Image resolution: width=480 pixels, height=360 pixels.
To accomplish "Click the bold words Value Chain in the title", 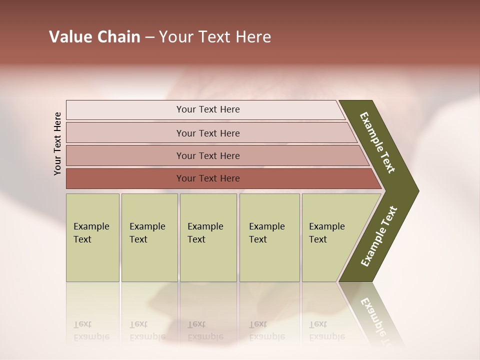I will (x=94, y=37).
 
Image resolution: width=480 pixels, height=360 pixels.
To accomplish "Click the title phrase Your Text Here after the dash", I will (x=215, y=37).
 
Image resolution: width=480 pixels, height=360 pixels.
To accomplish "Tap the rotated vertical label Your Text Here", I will (x=57, y=143).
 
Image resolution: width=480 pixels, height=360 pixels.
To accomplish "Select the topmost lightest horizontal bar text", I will (x=208, y=109).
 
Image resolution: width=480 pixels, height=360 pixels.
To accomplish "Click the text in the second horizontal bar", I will (x=208, y=133).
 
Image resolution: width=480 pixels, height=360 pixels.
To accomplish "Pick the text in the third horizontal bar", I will (x=208, y=156).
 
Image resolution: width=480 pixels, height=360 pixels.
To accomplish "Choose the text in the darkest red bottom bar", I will (x=208, y=178).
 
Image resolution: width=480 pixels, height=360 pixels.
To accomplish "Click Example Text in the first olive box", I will (x=91, y=233).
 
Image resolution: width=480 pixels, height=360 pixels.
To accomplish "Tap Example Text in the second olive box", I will (x=147, y=233).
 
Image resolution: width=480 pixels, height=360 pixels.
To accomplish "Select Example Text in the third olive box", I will (x=205, y=233).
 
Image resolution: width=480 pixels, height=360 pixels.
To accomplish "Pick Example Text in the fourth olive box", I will (x=266, y=233).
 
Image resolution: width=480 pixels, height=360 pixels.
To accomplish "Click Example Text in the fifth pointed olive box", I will (x=326, y=233).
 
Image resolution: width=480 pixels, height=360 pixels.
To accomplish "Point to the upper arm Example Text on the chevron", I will (x=377, y=142).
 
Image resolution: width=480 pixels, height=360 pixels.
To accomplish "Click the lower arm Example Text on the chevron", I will (x=379, y=236).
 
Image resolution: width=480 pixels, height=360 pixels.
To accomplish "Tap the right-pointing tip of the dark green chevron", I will (x=416, y=191).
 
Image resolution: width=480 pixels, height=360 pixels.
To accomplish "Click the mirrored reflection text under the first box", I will (x=91, y=330).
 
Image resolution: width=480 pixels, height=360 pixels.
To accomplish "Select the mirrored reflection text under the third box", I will (x=205, y=330).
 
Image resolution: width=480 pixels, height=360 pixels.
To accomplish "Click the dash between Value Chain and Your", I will (x=149, y=37).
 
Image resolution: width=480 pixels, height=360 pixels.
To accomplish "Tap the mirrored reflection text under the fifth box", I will (x=326, y=330).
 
